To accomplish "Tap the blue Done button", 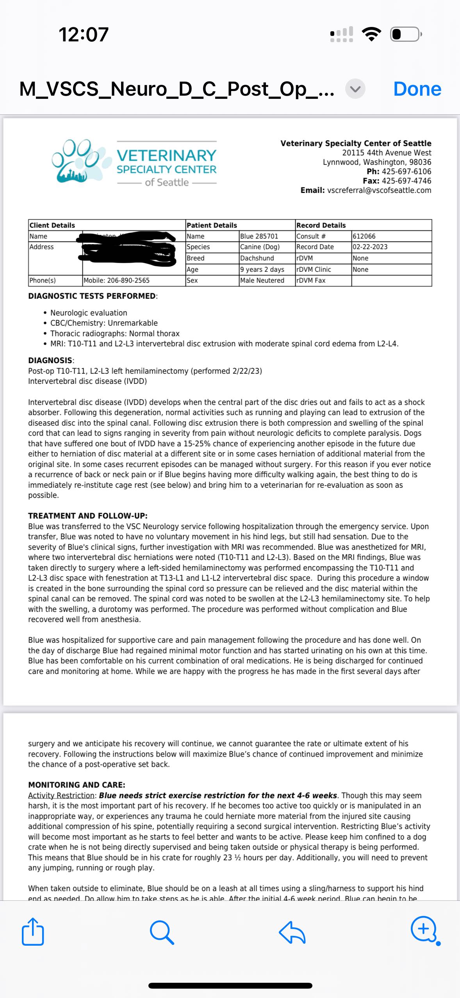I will tap(417, 89).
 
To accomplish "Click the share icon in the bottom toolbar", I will tap(33, 932).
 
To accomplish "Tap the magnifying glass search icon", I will tap(162, 932).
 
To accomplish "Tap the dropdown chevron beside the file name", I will tap(355, 89).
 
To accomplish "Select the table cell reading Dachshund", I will tap(257, 258).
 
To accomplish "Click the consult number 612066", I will tap(364, 236).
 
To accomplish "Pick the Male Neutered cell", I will tap(262, 280).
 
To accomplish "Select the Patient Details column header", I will tap(212, 225).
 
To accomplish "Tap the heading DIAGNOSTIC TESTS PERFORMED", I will tap(92, 296).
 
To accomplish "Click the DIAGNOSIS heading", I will tap(50, 360).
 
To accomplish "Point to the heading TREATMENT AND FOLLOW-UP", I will tap(87, 516).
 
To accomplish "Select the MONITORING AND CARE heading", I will tap(77, 785).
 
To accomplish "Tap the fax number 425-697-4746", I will tap(406, 181).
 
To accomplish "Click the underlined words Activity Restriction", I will tap(61, 795).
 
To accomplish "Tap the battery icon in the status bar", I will tap(406, 34).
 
